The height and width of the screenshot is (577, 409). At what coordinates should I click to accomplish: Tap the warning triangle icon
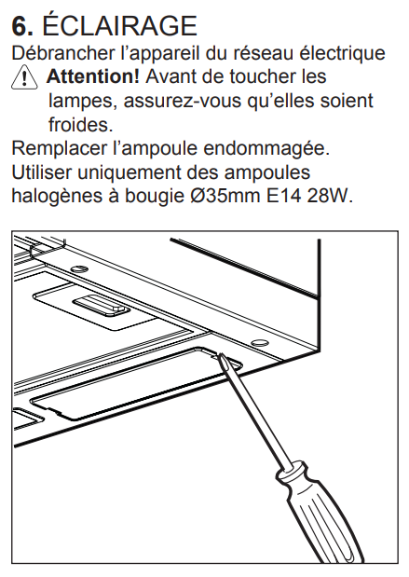(x=24, y=77)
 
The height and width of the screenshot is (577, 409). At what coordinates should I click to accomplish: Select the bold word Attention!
(x=92, y=76)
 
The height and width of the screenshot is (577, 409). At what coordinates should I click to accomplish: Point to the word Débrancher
(x=63, y=53)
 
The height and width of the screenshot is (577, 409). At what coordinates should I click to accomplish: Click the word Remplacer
(x=59, y=148)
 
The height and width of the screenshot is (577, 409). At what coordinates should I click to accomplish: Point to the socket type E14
(x=283, y=196)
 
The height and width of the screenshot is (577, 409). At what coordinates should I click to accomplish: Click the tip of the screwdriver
(x=221, y=355)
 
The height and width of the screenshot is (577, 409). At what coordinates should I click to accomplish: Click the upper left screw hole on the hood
(x=77, y=268)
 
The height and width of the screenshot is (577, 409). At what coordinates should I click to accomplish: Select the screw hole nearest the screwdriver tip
(x=259, y=343)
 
